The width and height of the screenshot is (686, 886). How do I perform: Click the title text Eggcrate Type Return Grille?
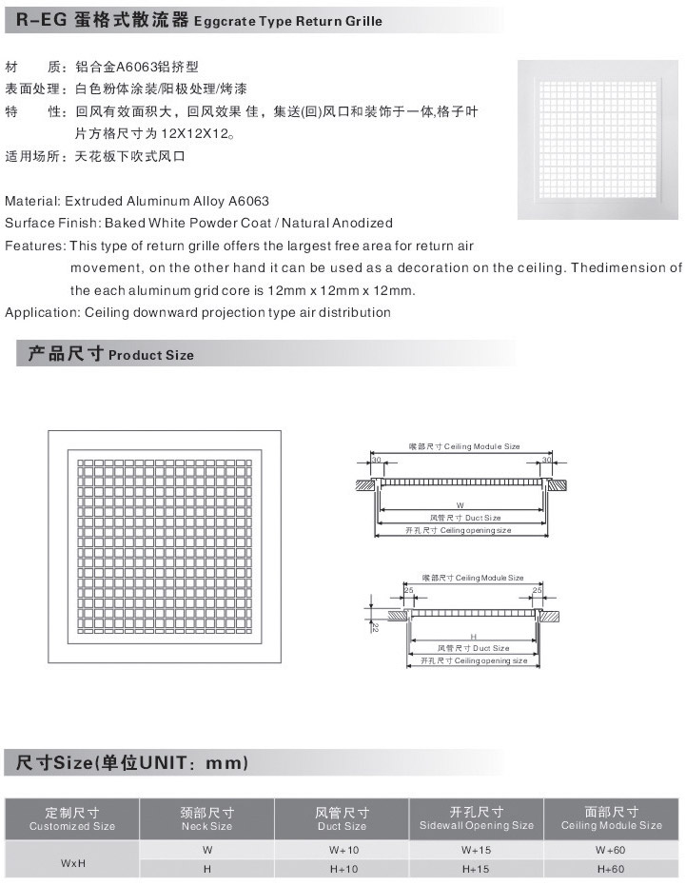click(x=289, y=21)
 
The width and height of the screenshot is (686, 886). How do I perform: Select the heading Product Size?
click(x=151, y=355)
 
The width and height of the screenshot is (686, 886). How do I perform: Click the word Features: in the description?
click(x=35, y=246)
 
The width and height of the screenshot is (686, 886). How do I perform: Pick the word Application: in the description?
click(x=42, y=312)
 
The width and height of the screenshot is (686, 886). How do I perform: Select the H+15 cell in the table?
click(x=476, y=869)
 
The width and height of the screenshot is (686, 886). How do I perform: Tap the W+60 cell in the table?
click(x=610, y=849)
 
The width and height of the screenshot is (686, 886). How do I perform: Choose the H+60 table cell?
click(x=610, y=869)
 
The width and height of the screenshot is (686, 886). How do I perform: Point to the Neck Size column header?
click(x=206, y=819)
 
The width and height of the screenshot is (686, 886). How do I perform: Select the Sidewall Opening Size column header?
click(x=476, y=819)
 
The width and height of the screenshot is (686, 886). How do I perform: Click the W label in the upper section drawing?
click(x=460, y=504)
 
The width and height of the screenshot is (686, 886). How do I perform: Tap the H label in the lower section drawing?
click(x=473, y=636)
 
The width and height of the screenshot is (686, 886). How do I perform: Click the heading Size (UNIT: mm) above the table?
click(x=132, y=763)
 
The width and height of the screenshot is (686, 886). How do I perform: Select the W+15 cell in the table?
click(x=476, y=849)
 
